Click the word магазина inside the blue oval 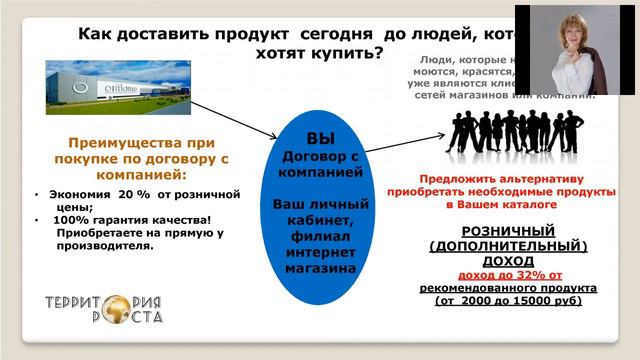[x=320, y=268]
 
